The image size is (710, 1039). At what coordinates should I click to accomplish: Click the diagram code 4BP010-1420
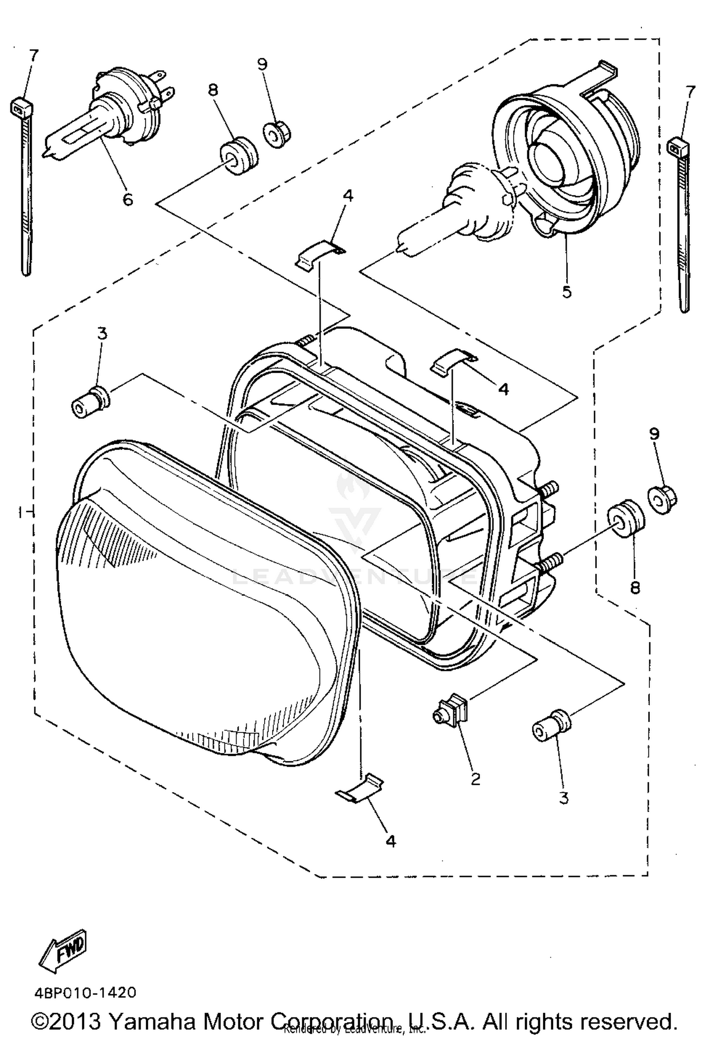pos(85,993)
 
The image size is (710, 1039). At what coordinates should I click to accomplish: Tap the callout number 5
pos(567,291)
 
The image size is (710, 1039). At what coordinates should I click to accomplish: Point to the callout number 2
pos(476,778)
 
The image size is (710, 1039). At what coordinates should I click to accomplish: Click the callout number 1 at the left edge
pos(20,511)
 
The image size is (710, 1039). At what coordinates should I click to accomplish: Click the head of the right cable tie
pos(677,148)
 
